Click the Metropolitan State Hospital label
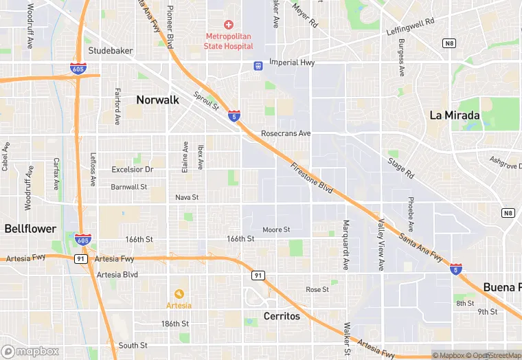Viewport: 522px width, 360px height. click(x=229, y=41)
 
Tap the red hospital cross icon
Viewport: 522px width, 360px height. click(x=229, y=25)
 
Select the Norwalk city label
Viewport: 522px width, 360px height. click(x=157, y=100)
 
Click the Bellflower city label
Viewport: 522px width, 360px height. click(x=30, y=228)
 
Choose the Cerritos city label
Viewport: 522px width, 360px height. click(x=282, y=316)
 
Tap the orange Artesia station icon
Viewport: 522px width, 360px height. click(x=179, y=293)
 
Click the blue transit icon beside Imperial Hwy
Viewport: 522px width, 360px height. click(x=258, y=66)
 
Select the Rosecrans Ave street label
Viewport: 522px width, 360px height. click(x=286, y=133)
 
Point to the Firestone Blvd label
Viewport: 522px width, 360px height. click(x=311, y=177)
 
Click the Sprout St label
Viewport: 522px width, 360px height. click(x=205, y=101)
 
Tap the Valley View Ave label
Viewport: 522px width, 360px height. click(x=381, y=244)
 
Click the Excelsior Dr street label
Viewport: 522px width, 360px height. click(x=132, y=169)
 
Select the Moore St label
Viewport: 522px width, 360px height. click(x=276, y=229)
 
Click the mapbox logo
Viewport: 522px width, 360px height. click(x=30, y=351)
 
